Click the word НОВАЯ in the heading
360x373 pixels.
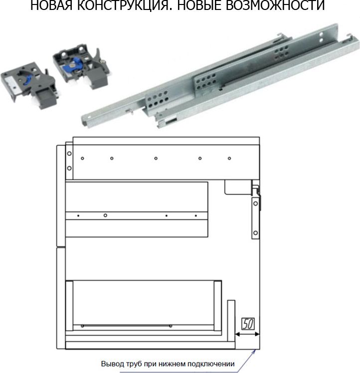point(51,5)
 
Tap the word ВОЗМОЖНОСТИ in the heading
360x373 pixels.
point(275,5)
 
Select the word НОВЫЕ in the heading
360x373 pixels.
point(199,5)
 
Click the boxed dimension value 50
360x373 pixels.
point(248,324)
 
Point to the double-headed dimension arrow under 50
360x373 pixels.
point(247,334)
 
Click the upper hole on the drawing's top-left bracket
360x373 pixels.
point(69,154)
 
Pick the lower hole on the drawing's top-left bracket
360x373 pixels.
point(69,168)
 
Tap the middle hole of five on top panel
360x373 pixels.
point(156,158)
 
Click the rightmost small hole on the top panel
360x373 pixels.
point(229,158)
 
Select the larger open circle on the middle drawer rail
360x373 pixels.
point(105,215)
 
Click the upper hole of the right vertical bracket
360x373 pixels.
point(256,204)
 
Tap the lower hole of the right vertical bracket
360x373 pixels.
point(256,233)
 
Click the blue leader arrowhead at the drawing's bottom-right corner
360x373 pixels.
point(254,352)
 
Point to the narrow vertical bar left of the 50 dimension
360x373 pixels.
point(231,321)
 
